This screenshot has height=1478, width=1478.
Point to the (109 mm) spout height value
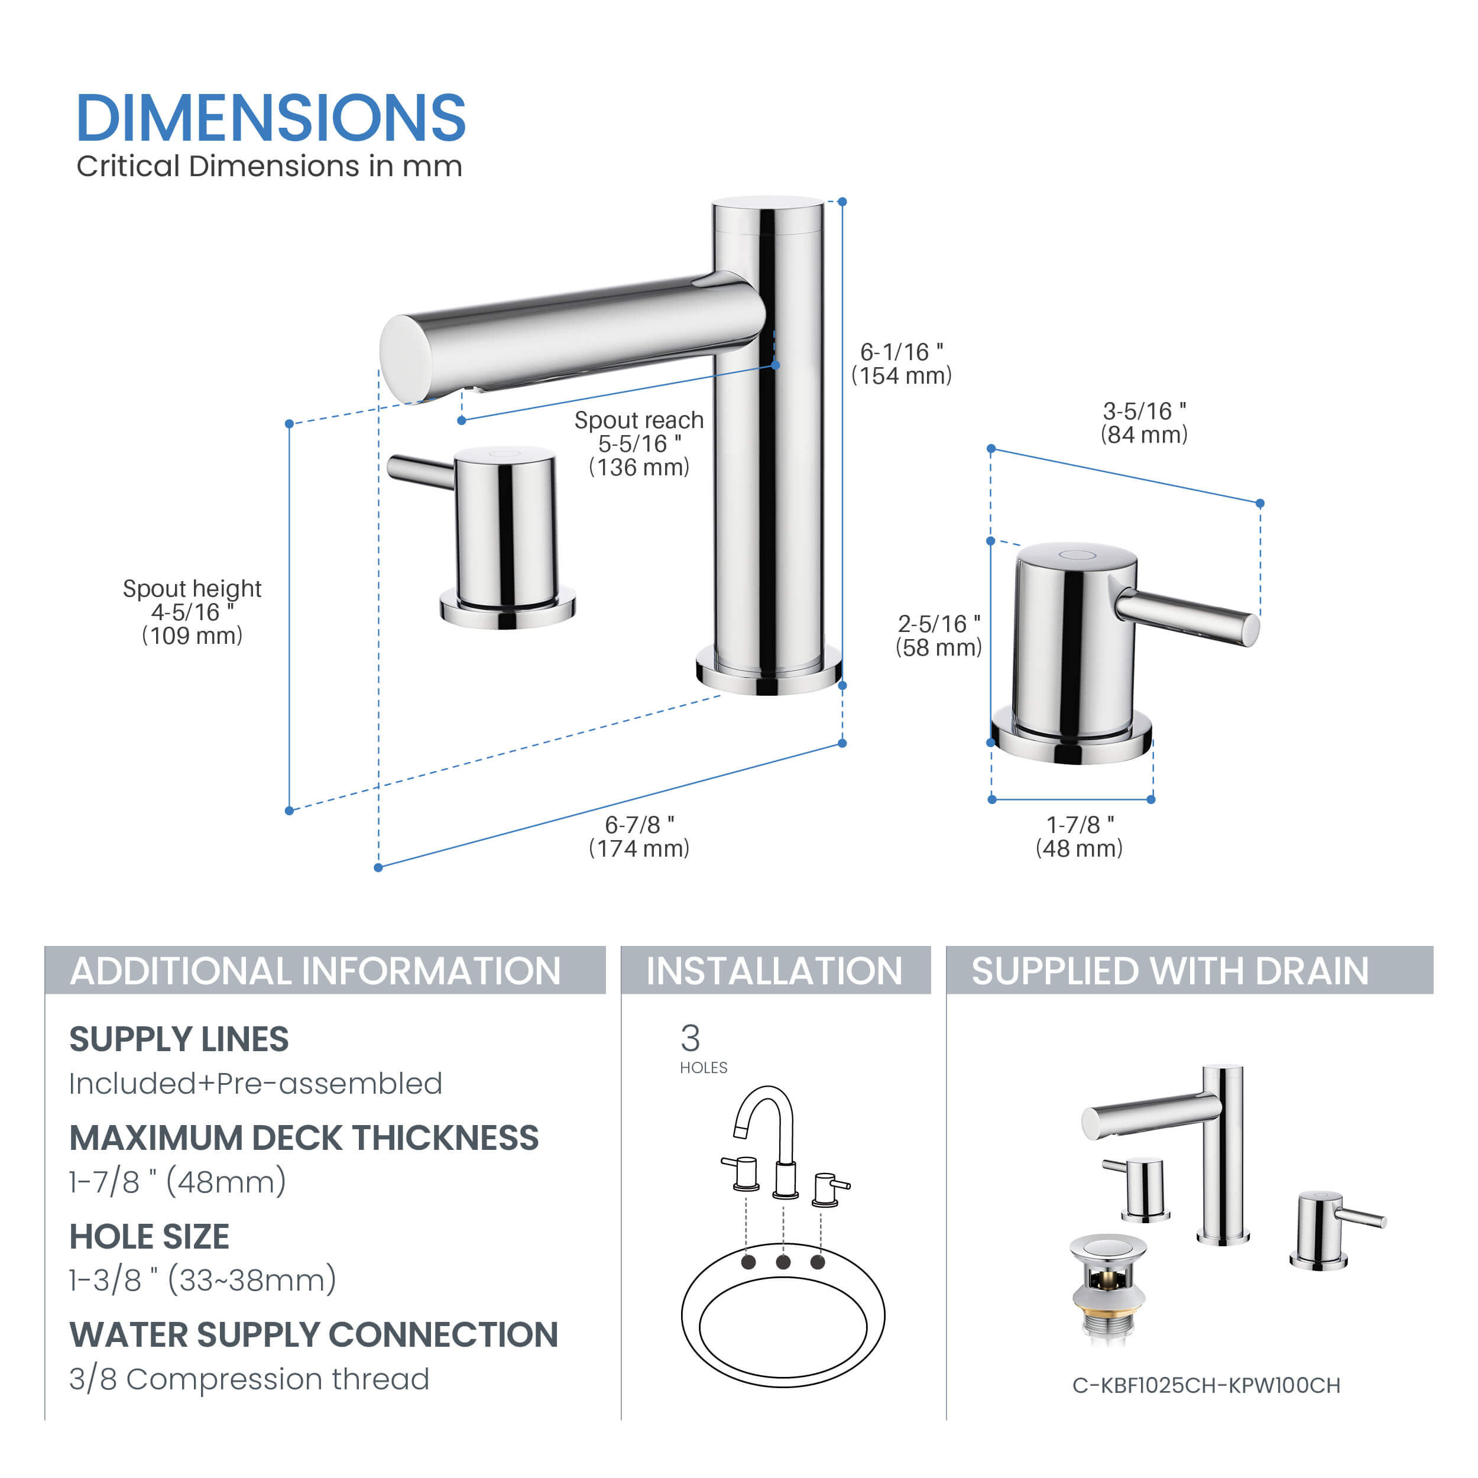pyautogui.click(x=192, y=636)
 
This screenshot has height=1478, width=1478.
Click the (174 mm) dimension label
pyautogui.click(x=638, y=848)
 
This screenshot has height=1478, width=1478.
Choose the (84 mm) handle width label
pyautogui.click(x=1144, y=435)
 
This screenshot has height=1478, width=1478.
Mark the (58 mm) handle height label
pyautogui.click(x=939, y=648)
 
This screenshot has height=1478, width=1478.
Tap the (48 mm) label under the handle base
pyautogui.click(x=1079, y=848)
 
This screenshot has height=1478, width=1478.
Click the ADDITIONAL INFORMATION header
pyautogui.click(x=315, y=971)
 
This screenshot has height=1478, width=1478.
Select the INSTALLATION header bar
pyautogui.click(x=776, y=970)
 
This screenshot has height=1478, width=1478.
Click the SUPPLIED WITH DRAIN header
pyautogui.click(x=1170, y=971)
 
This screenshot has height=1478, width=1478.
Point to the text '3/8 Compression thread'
pyautogui.click(x=249, y=1379)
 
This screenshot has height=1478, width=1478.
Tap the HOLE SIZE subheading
pyautogui.click(x=149, y=1237)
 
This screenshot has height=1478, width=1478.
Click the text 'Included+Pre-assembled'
pyautogui.click(x=255, y=1083)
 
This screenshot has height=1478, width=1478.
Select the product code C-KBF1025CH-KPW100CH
pyautogui.click(x=1205, y=1385)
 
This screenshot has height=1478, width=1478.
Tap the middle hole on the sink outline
pyautogui.click(x=783, y=1262)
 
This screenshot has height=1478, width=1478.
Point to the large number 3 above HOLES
pyautogui.click(x=690, y=1038)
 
